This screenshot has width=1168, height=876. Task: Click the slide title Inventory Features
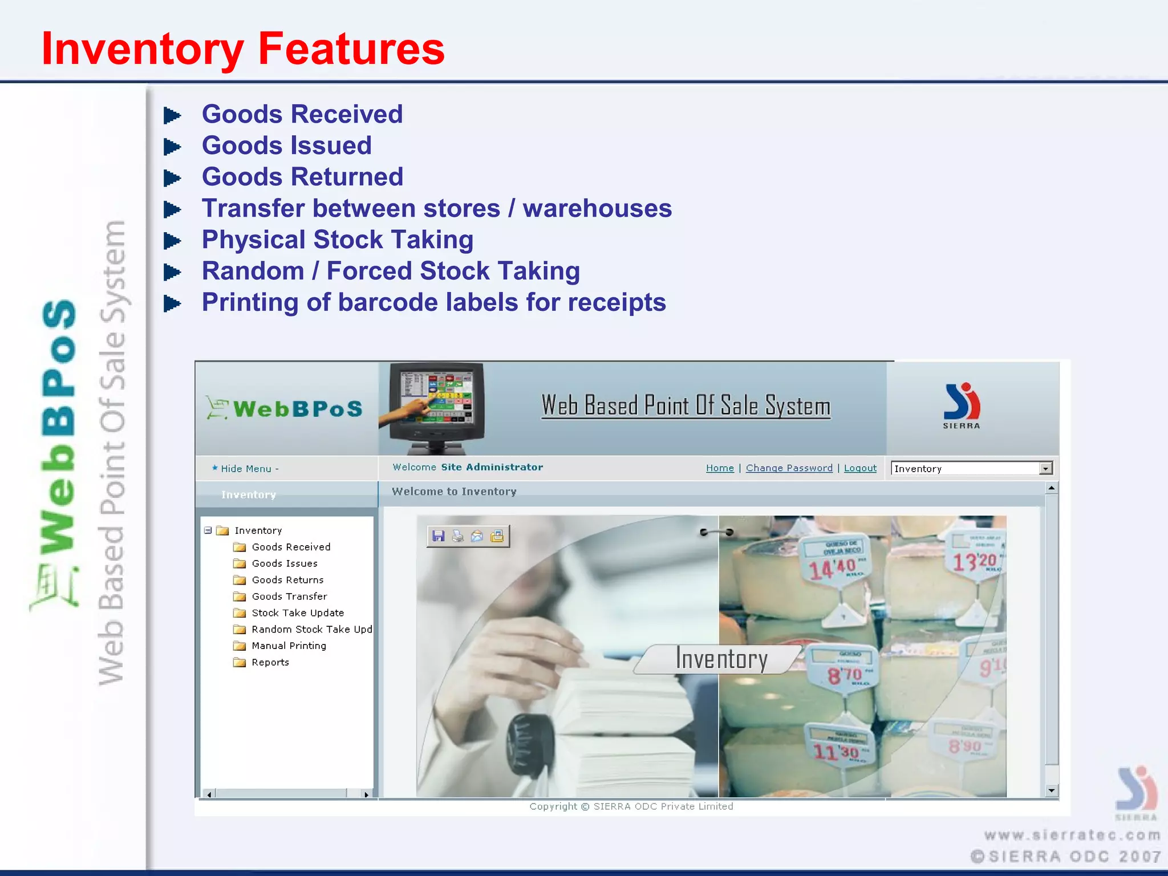pyautogui.click(x=242, y=49)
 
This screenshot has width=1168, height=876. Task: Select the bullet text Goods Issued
pyautogui.click(x=286, y=145)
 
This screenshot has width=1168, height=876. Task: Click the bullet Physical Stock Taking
pyautogui.click(x=337, y=240)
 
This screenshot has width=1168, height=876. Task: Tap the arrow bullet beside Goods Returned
pyautogui.click(x=172, y=178)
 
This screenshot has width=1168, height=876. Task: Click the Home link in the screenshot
pyautogui.click(x=720, y=468)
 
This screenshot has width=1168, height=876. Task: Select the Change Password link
pyautogui.click(x=789, y=468)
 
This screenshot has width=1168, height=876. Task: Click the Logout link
pyautogui.click(x=860, y=468)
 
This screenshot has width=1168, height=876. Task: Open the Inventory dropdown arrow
pyautogui.click(x=1045, y=468)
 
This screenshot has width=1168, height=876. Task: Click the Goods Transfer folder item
pyautogui.click(x=289, y=596)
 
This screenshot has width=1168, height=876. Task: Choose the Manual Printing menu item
pyautogui.click(x=289, y=646)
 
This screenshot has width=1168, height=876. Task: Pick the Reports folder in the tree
pyautogui.click(x=270, y=662)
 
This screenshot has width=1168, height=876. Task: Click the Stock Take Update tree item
pyautogui.click(x=297, y=613)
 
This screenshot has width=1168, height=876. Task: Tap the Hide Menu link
pyautogui.click(x=246, y=468)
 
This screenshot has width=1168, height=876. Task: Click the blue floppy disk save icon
pyautogui.click(x=438, y=536)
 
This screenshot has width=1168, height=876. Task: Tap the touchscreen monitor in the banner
pyautogui.click(x=436, y=405)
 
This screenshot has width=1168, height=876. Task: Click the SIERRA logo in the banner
pyautogui.click(x=962, y=405)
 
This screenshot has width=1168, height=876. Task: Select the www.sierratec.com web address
pyautogui.click(x=1072, y=835)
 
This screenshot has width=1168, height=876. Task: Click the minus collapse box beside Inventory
pyautogui.click(x=208, y=530)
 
